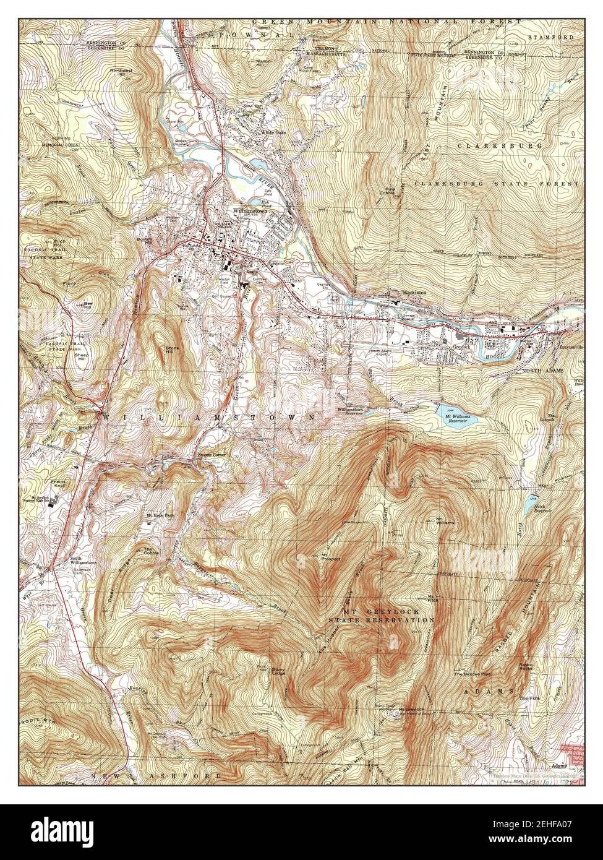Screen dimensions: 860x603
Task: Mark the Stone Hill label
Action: click(x=173, y=351)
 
